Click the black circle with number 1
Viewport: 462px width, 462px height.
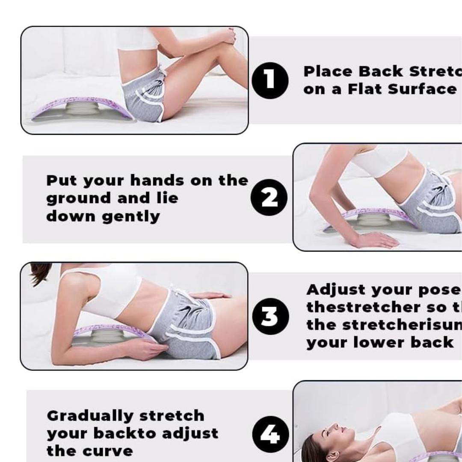click(270, 80)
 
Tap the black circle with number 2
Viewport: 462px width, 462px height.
click(269, 198)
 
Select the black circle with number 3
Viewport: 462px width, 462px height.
click(270, 316)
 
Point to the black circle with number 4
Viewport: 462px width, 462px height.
click(270, 435)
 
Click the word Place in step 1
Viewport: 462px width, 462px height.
click(328, 71)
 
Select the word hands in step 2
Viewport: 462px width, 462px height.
click(158, 180)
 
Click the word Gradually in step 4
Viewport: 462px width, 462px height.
click(90, 415)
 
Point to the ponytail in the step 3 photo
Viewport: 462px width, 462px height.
click(40, 272)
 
